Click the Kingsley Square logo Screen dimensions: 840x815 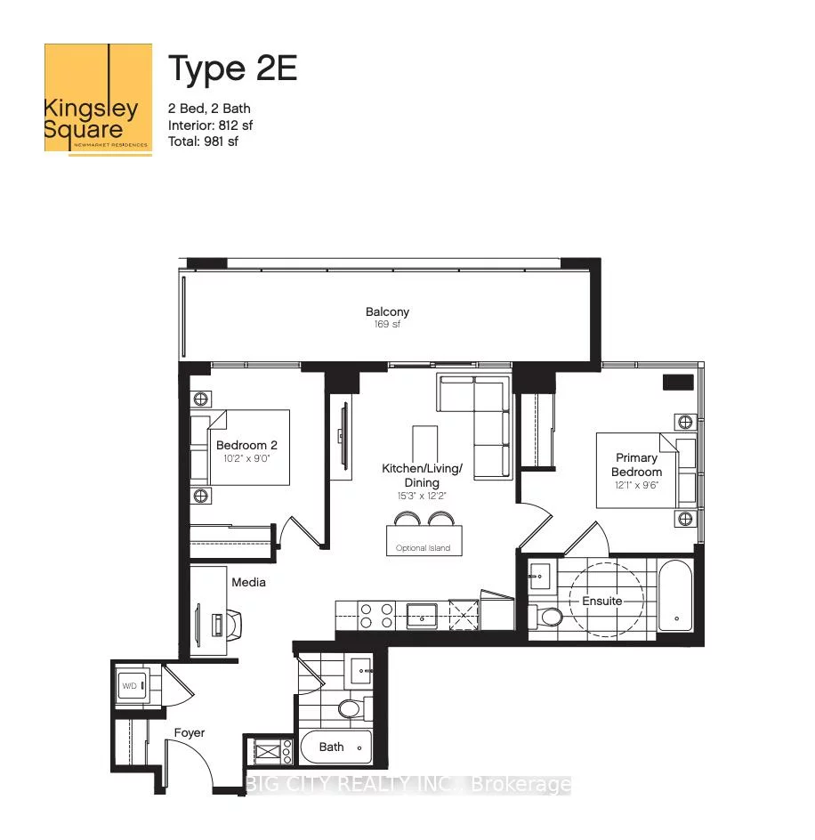coord(98,100)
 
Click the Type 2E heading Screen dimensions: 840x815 coord(232,69)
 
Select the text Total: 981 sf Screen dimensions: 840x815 coord(204,141)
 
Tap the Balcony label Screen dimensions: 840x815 coord(387,311)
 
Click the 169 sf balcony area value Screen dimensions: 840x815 coord(387,326)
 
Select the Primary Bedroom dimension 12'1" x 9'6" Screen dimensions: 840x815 coord(637,487)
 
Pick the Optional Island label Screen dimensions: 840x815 coord(424,548)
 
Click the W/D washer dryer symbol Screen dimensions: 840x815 coord(130,686)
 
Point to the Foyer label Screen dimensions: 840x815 coord(189,733)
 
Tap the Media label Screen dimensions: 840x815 coord(248,583)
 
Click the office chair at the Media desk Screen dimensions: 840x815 coord(234,624)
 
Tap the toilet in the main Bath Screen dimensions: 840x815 coord(349,708)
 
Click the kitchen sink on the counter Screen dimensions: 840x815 coord(421,612)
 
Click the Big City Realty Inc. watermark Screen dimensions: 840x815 coord(407,785)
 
